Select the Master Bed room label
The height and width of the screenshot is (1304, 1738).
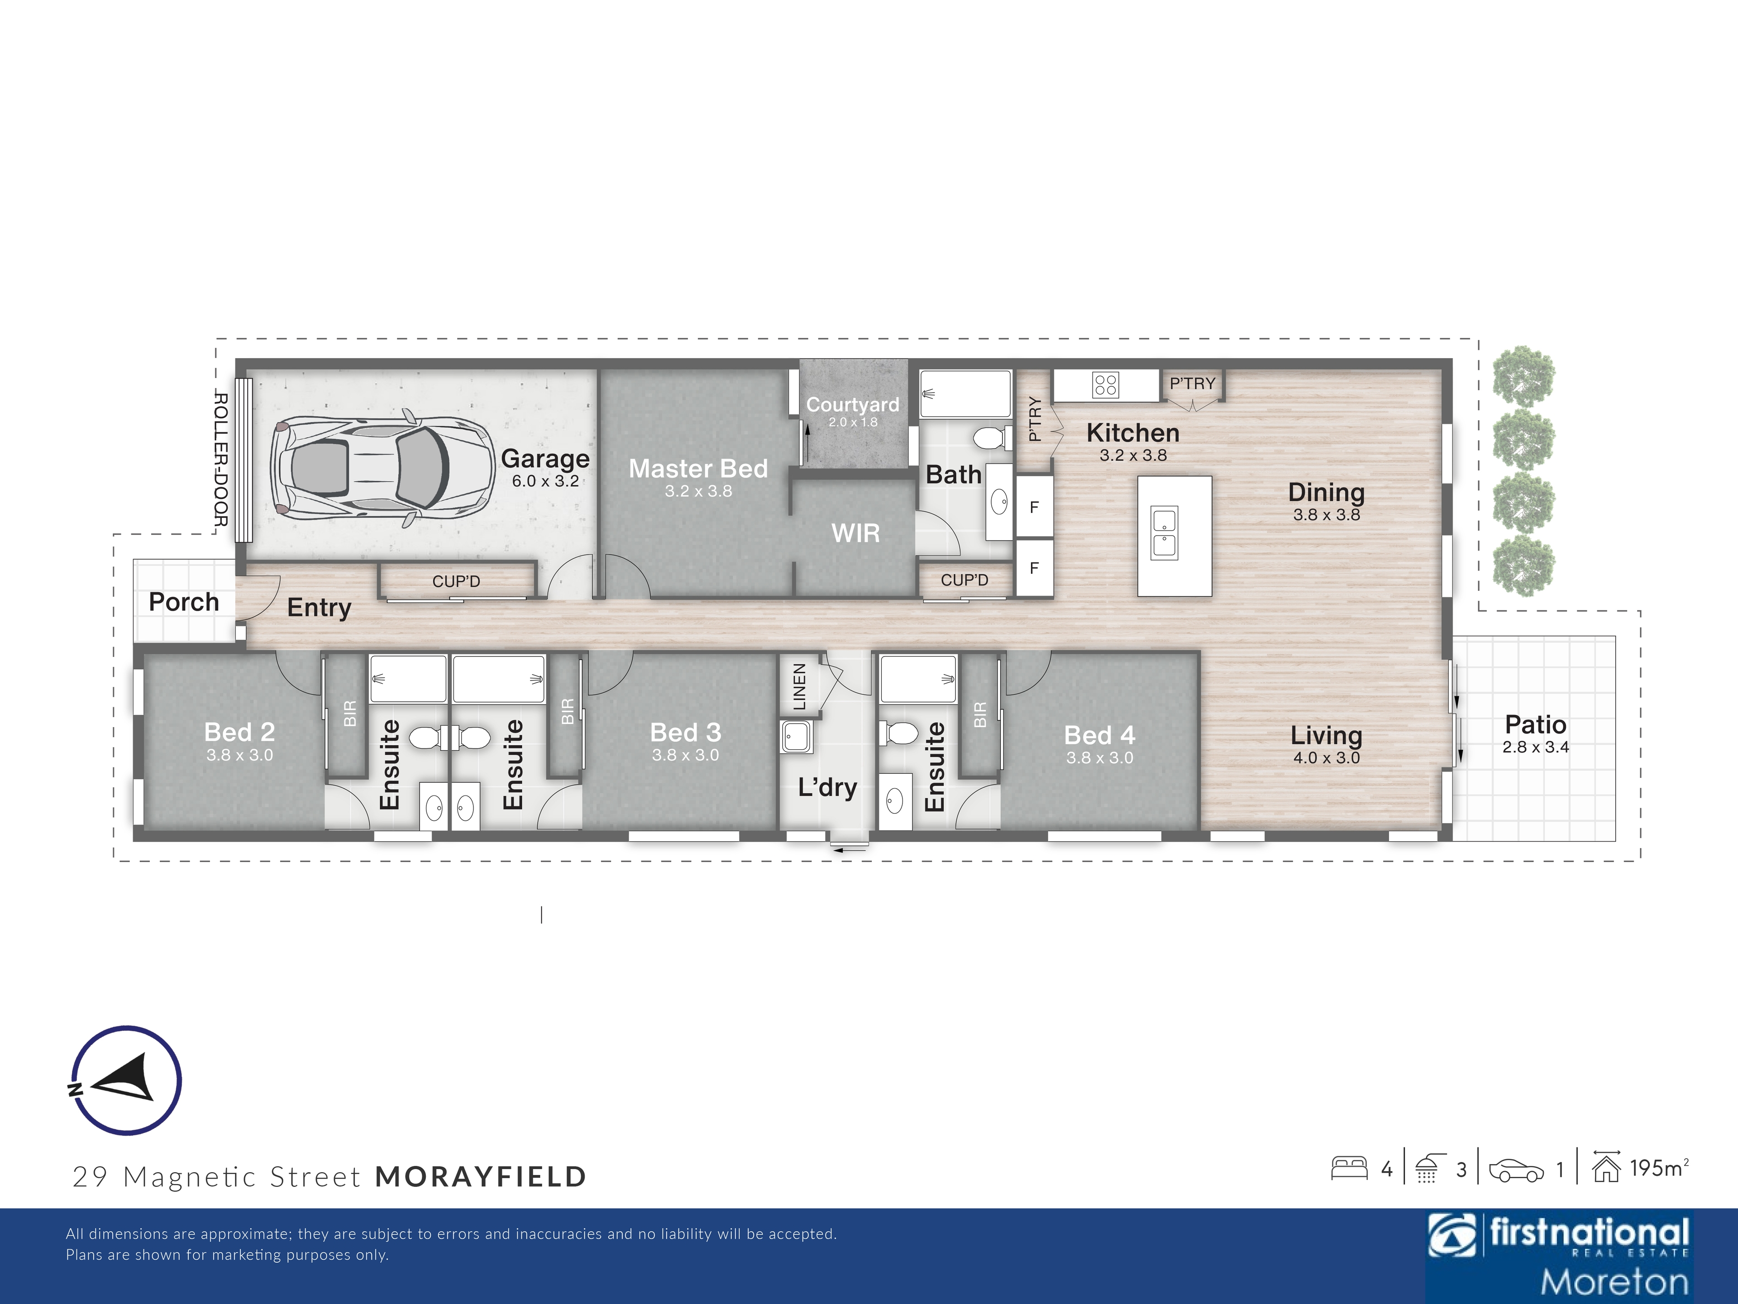(x=698, y=469)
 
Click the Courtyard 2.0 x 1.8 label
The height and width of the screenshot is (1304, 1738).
(x=853, y=411)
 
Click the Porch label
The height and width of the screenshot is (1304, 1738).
(x=184, y=602)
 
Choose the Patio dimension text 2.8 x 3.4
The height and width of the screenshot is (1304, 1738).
(x=1535, y=747)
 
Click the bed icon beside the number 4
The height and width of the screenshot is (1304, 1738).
(x=1350, y=1168)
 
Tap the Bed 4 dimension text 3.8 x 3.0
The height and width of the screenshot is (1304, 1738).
(x=1099, y=757)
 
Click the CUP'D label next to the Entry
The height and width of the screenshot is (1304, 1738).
(x=456, y=582)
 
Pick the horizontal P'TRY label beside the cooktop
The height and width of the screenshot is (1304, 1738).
(x=1192, y=384)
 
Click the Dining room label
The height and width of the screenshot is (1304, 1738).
(x=1326, y=493)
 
